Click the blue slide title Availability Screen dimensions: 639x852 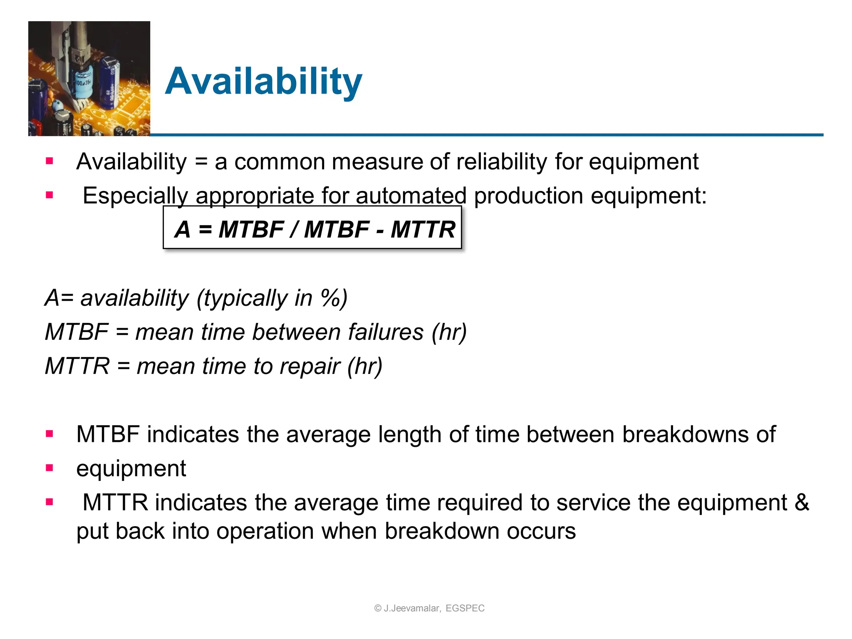click(263, 82)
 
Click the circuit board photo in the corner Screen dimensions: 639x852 click(89, 79)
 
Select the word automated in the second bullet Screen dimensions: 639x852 click(411, 196)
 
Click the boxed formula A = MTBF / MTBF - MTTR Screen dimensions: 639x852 click(312, 228)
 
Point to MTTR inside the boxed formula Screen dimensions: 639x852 click(423, 229)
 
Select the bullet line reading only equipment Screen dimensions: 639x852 click(131, 468)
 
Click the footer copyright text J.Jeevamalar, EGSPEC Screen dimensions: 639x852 click(429, 608)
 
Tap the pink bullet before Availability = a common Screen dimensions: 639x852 click(50, 161)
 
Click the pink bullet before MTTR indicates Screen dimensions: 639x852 click(50, 502)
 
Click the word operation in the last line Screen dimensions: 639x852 click(265, 531)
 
